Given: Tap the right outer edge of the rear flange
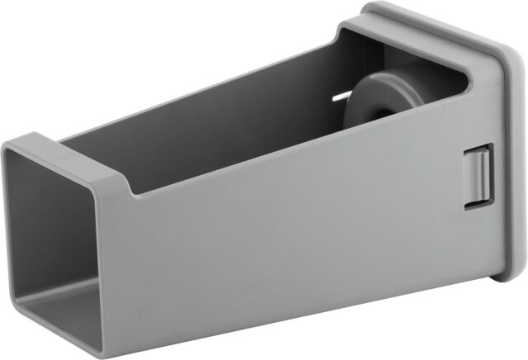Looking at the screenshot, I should (518, 165).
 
